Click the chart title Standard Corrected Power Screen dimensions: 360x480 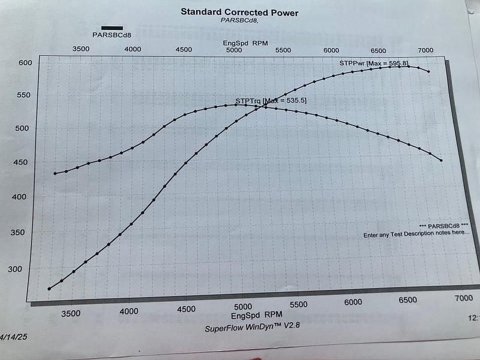(x=239, y=12)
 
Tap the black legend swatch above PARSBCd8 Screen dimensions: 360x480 (x=112, y=28)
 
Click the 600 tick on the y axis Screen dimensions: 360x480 (x=25, y=62)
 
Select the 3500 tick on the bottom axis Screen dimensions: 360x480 (x=71, y=313)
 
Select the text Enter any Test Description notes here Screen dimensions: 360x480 (x=416, y=235)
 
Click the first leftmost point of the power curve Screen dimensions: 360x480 (x=49, y=289)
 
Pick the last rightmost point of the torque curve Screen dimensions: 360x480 (x=441, y=160)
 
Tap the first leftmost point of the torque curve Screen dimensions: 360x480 (x=55, y=173)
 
